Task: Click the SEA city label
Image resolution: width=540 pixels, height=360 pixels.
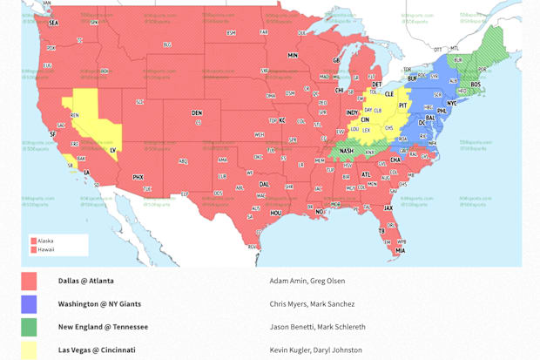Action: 54,23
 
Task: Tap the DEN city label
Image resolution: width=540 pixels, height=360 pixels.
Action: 197,112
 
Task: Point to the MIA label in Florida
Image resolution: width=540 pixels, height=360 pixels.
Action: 400,251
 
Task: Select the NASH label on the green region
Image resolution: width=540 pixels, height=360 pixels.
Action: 347,151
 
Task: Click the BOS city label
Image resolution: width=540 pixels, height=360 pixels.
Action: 476,85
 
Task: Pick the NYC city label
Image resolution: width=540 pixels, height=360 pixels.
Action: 451,103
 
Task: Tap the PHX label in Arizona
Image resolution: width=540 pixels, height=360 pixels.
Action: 138,177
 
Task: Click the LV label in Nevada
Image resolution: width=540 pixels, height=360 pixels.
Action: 113,150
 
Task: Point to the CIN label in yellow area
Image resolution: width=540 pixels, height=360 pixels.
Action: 365,119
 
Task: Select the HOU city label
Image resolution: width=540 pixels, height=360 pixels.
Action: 276,213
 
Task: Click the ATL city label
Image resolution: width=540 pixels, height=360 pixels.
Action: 366,174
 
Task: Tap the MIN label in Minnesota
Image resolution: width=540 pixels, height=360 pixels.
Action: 293,55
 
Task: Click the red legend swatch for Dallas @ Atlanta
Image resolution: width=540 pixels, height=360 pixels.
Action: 29,281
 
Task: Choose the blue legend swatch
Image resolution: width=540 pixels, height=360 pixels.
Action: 29,304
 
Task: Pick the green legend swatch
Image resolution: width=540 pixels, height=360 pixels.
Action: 29,327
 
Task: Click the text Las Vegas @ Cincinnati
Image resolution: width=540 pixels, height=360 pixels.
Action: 97,350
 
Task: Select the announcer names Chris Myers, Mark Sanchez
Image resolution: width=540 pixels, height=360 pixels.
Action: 312,304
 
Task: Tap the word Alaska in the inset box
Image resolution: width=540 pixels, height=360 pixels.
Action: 45,241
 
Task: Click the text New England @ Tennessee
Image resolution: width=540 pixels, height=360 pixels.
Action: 103,327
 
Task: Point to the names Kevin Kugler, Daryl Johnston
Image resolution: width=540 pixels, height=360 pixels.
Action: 315,350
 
